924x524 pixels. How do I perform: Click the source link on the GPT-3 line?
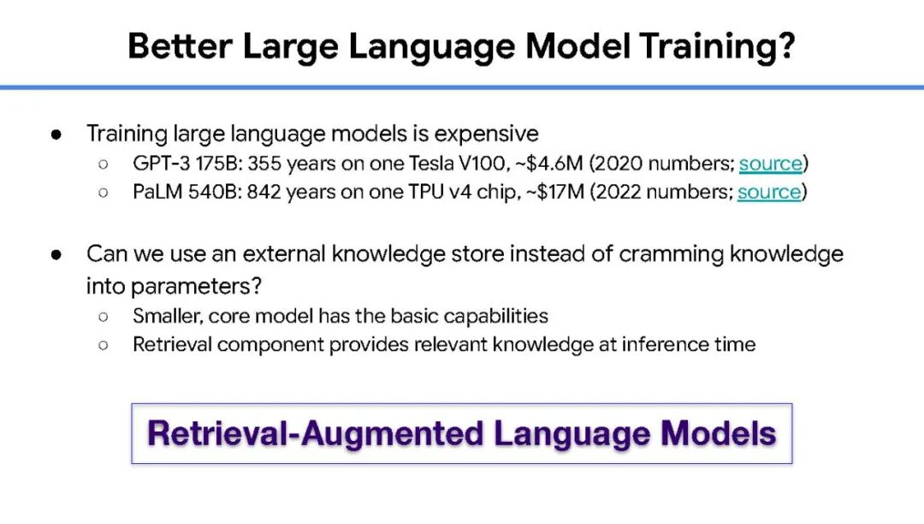pos(771,164)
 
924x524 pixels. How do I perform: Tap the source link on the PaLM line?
pos(769,192)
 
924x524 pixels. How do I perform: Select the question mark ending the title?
pos(785,45)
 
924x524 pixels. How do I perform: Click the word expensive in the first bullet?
pos(486,134)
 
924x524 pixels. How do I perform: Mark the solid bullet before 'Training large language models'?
pos(56,134)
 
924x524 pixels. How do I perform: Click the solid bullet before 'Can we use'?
pos(56,254)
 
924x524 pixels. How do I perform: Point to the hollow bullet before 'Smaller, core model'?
pos(104,317)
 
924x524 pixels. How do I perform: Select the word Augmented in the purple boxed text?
pos(393,433)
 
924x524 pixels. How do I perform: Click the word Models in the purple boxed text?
pos(718,433)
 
